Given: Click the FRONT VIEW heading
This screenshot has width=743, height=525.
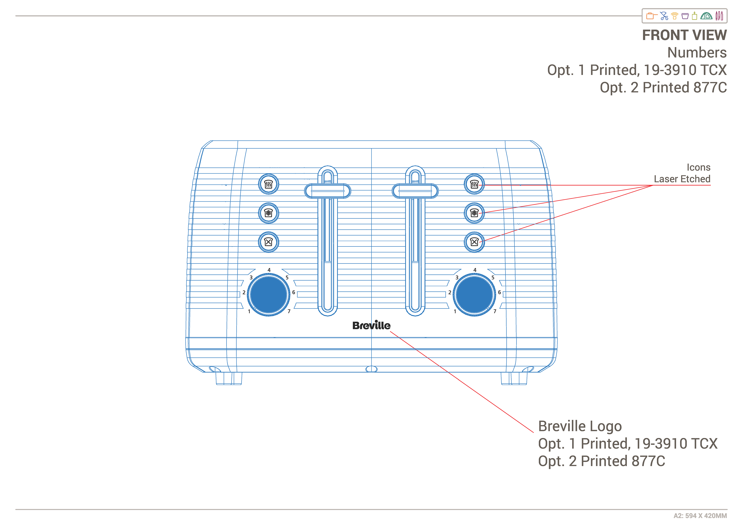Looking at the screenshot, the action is (x=684, y=35).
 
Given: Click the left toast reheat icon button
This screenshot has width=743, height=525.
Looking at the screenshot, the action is (x=269, y=184).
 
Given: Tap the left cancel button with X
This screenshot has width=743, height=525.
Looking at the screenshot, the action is (x=269, y=242).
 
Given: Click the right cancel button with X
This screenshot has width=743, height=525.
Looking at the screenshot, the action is (x=474, y=242).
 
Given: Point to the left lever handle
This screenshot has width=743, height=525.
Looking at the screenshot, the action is (x=328, y=191).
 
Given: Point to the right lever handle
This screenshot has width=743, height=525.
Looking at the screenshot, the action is (x=415, y=191).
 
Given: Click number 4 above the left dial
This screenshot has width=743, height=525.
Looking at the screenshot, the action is (x=269, y=270).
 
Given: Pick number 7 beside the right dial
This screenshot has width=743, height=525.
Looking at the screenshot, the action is (x=495, y=311).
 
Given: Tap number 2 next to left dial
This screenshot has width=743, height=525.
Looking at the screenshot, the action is (x=244, y=292).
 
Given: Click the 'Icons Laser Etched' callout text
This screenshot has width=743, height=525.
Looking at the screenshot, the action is (x=682, y=173).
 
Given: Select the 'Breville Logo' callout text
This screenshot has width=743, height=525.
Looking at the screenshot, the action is (x=580, y=426).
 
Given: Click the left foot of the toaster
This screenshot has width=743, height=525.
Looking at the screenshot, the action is (x=229, y=378).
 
